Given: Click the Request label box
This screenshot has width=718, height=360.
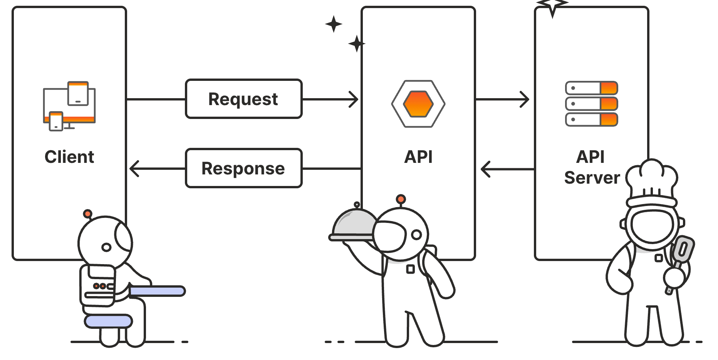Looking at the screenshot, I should tap(243, 99).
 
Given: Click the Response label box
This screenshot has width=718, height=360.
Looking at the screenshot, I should tap(243, 168).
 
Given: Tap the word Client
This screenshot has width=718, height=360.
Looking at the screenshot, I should tap(69, 157).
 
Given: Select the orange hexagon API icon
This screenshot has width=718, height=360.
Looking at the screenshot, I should tap(418, 104).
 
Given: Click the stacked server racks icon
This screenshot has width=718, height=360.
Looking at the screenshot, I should tap(591, 104).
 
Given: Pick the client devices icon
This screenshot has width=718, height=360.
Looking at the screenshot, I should tap(69, 106).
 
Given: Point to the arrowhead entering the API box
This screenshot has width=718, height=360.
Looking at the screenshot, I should tap(354, 99).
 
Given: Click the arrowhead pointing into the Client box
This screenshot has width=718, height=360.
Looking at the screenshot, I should tap(134, 169).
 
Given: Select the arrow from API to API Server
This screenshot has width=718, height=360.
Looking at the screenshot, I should tap(503, 99).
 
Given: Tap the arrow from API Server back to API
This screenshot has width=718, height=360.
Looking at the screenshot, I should tap(507, 169).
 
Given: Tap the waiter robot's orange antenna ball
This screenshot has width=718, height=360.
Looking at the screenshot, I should tap(401, 199).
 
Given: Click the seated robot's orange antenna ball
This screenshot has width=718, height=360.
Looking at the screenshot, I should tap(87, 213).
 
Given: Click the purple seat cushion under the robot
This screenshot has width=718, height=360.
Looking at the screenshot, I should tap(109, 321).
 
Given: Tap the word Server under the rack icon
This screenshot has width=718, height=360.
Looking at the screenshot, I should tap(592, 177).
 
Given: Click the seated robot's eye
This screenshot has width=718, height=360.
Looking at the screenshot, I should tap(106, 247).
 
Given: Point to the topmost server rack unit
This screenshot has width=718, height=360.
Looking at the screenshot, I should tap(591, 88).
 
